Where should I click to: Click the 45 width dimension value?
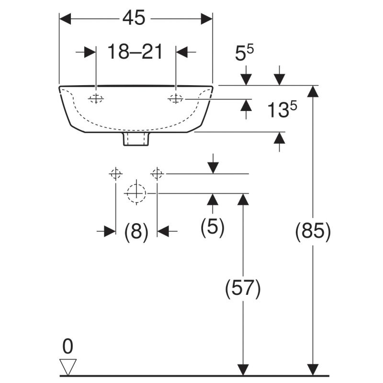point(134,18)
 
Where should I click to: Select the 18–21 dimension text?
point(135,52)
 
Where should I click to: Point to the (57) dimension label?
point(243,288)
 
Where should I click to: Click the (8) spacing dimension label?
point(136,231)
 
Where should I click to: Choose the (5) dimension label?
point(213,226)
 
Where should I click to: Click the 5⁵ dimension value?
point(244,53)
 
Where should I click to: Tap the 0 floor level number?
point(68,346)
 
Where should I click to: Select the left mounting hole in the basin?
point(96,99)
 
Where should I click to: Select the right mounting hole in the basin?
point(175,99)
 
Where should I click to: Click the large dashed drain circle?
point(136,193)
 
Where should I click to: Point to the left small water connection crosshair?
point(115,174)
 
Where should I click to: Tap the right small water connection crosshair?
point(157,174)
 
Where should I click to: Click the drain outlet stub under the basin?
point(136,139)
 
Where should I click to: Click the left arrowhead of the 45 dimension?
point(65,19)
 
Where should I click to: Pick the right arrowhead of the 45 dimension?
point(207,19)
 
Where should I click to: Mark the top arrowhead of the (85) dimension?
point(313,91)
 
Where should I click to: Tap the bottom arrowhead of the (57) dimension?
point(243,370)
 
